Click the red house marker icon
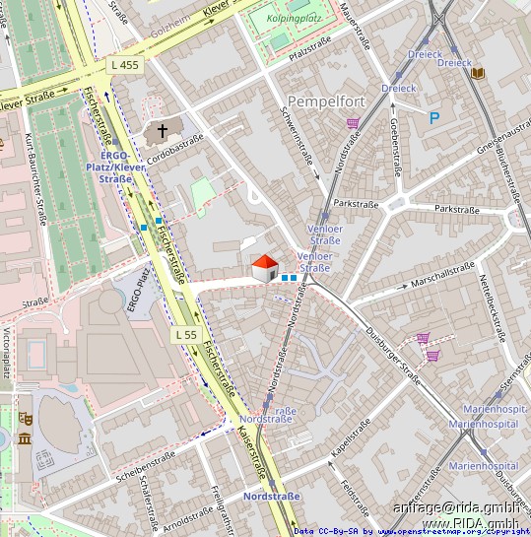coord(265,268)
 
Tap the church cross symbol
coord(163,130)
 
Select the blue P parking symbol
coord(433,118)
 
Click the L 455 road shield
coord(125,65)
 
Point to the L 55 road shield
coord(186,335)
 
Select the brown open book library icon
coord(478,74)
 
